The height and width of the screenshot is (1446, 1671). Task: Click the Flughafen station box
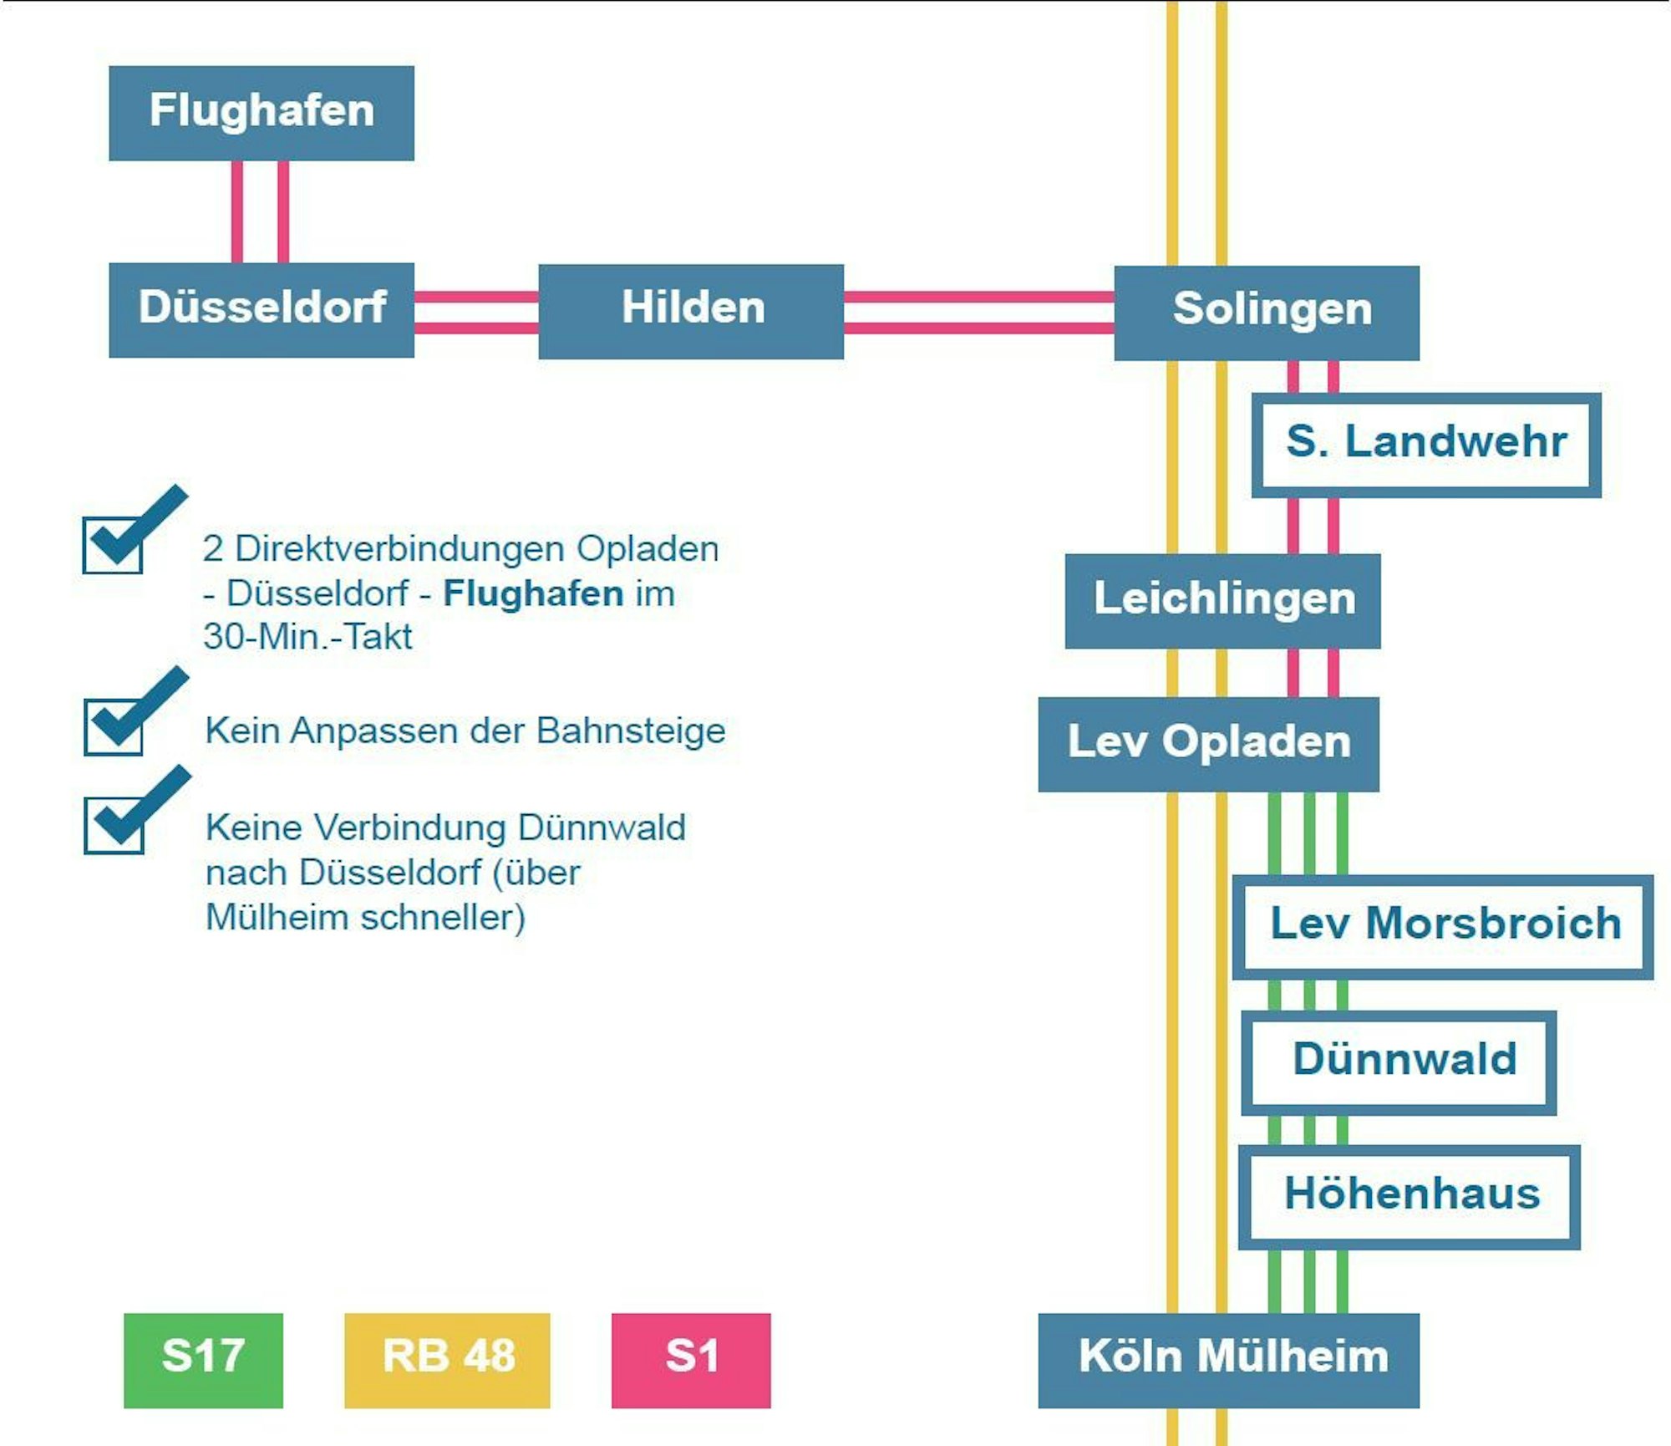tap(262, 113)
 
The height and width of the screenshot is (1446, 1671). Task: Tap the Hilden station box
tap(691, 311)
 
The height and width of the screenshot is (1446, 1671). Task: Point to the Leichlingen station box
tap(1222, 600)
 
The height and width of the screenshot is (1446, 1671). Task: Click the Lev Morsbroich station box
tap(1443, 926)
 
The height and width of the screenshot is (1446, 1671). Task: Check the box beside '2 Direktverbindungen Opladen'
tap(113, 545)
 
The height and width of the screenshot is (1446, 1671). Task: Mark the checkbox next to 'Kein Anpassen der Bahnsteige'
tap(114, 726)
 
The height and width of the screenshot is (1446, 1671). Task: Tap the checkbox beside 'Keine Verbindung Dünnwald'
tap(114, 825)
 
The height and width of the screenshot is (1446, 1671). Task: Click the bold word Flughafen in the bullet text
tap(533, 593)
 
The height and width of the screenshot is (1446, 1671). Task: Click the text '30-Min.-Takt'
tap(307, 637)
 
